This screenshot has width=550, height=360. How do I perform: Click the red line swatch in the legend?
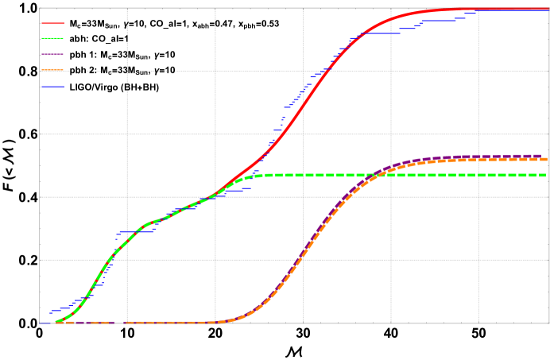(52, 23)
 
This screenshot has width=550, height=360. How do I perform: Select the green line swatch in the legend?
(52, 38)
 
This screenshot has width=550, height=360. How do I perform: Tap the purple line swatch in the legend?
(52, 54)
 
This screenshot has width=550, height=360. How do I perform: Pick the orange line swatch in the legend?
(52, 71)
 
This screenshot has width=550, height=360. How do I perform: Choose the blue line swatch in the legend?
(52, 87)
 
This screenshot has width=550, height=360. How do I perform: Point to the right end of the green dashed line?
(547, 175)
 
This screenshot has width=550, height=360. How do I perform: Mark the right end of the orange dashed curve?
(547, 160)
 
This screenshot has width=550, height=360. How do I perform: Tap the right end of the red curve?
(548, 10)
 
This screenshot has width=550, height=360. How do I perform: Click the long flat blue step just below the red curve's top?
(374, 33)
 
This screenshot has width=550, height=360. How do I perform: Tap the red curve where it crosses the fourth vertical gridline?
(391, 20)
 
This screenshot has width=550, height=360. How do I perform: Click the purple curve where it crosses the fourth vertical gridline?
(391, 167)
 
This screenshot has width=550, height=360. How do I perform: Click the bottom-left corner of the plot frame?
(39, 323)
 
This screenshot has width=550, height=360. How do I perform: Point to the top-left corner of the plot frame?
(39, 8)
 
